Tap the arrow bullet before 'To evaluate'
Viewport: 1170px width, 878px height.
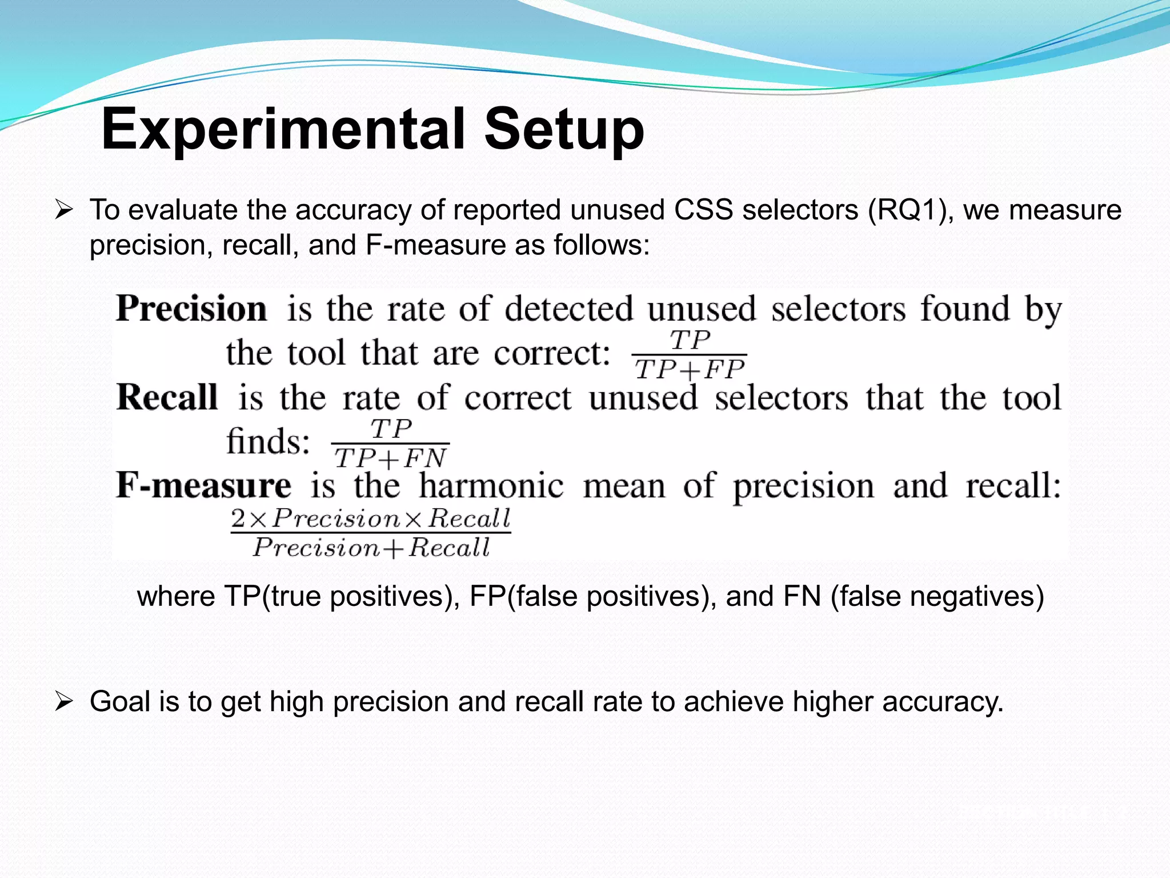pyautogui.click(x=63, y=210)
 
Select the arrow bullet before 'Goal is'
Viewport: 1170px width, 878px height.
pyautogui.click(x=63, y=701)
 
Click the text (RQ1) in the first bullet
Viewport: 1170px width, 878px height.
pyautogui.click(x=911, y=210)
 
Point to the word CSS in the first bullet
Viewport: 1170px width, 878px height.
pyautogui.click(x=703, y=210)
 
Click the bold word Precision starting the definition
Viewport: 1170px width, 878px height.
pyautogui.click(x=191, y=309)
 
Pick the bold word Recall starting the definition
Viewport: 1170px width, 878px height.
pyautogui.click(x=167, y=397)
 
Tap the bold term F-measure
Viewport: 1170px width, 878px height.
pyautogui.click(x=204, y=486)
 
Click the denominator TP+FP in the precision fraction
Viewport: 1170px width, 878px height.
pyautogui.click(x=690, y=370)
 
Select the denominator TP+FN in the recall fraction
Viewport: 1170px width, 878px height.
pyautogui.click(x=390, y=458)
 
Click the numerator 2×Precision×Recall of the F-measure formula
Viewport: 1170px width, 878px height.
pyautogui.click(x=371, y=518)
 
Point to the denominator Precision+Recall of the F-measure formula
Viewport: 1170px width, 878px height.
pyautogui.click(x=372, y=548)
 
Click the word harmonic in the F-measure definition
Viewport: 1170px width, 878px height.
pyautogui.click(x=491, y=486)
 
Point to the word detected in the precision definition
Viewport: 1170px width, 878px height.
pyautogui.click(x=568, y=309)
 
